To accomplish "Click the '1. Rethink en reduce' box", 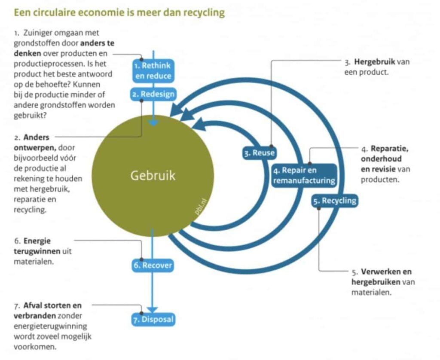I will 153,71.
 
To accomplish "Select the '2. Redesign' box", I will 153,94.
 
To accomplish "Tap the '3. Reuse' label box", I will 260,153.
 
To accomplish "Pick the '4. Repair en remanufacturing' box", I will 304,175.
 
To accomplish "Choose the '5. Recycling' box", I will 335,200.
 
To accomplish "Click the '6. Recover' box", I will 153,265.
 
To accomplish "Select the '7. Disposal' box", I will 153,319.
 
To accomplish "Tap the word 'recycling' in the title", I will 204,12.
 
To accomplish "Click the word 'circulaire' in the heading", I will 51,12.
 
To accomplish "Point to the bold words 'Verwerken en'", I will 386,272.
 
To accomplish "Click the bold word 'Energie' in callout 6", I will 37,241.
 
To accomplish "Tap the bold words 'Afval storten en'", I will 52,305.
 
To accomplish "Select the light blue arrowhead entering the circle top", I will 153,123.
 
